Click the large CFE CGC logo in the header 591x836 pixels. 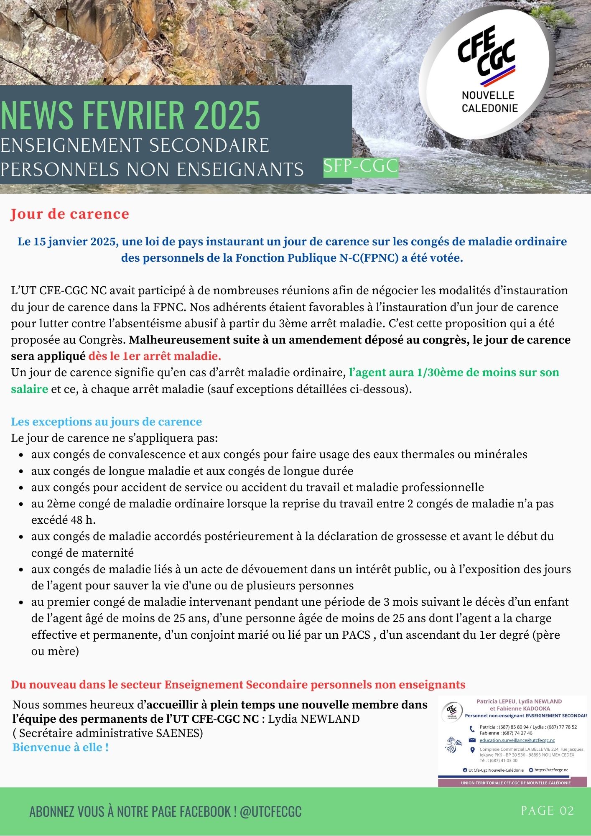tap(487, 73)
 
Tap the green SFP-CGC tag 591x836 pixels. tap(361, 167)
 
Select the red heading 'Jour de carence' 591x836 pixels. tap(70, 214)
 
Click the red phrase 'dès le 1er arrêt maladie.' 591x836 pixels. tap(155, 357)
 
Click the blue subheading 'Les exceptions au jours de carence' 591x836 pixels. tap(106, 422)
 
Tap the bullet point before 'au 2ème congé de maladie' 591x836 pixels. tap(21, 505)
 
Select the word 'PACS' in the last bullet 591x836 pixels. tap(356, 635)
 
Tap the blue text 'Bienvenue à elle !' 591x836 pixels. tap(61, 747)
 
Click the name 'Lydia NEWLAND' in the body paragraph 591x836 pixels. tap(314, 719)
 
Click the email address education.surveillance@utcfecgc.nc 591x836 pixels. tap(517, 740)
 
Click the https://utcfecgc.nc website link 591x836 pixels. tap(551, 770)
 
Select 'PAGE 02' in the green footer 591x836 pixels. tap(547, 811)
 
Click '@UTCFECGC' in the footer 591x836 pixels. tap(270, 811)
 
